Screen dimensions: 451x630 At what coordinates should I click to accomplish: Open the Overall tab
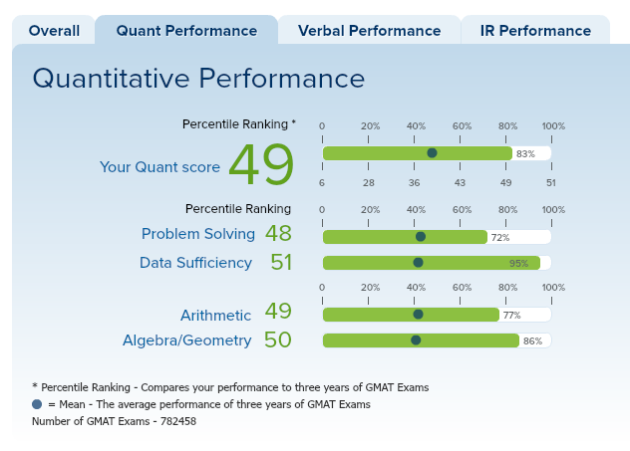(x=54, y=31)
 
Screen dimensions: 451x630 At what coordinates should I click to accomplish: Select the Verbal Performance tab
(x=368, y=31)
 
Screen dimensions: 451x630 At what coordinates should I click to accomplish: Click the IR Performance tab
(x=535, y=31)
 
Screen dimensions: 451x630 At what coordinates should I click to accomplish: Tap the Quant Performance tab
(x=186, y=31)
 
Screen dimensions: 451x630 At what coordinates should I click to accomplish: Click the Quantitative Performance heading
(x=198, y=78)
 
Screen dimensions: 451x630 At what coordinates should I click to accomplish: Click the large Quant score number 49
(x=261, y=165)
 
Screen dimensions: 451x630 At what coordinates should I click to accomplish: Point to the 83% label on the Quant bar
(x=525, y=154)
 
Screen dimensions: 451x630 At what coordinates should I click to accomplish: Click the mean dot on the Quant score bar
(x=432, y=153)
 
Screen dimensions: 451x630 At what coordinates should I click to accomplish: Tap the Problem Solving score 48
(x=278, y=234)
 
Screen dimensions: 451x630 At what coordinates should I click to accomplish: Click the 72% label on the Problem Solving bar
(x=500, y=238)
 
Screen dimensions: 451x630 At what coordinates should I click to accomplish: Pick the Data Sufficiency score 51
(x=281, y=262)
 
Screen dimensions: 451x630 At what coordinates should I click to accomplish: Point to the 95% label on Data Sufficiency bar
(x=518, y=263)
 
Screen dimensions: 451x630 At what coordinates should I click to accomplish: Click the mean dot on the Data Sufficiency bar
(x=418, y=263)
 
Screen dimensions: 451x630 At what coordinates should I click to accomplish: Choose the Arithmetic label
(x=215, y=315)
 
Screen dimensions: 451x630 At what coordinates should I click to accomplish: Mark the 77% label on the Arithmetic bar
(x=511, y=315)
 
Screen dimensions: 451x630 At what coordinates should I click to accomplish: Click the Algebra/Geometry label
(x=186, y=340)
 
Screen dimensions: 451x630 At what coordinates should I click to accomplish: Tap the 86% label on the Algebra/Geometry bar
(x=532, y=340)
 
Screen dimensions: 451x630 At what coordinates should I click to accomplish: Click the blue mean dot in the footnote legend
(x=37, y=404)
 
